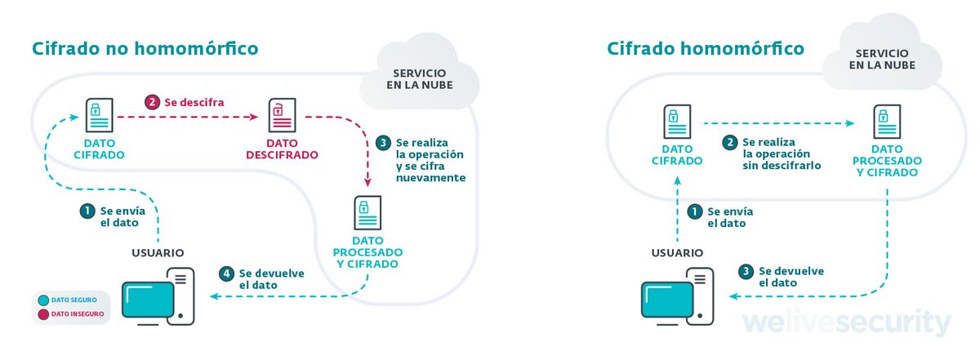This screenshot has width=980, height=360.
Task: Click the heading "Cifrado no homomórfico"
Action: tap(145, 48)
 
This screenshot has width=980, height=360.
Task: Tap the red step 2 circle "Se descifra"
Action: tap(152, 103)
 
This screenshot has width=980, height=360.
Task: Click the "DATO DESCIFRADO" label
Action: tap(280, 149)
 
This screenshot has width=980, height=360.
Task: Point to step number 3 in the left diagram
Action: tap(385, 143)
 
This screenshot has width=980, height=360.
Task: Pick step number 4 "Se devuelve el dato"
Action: tap(226, 273)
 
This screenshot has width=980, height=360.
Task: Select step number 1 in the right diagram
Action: tap(694, 211)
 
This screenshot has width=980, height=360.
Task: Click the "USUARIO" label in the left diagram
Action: tap(158, 252)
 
